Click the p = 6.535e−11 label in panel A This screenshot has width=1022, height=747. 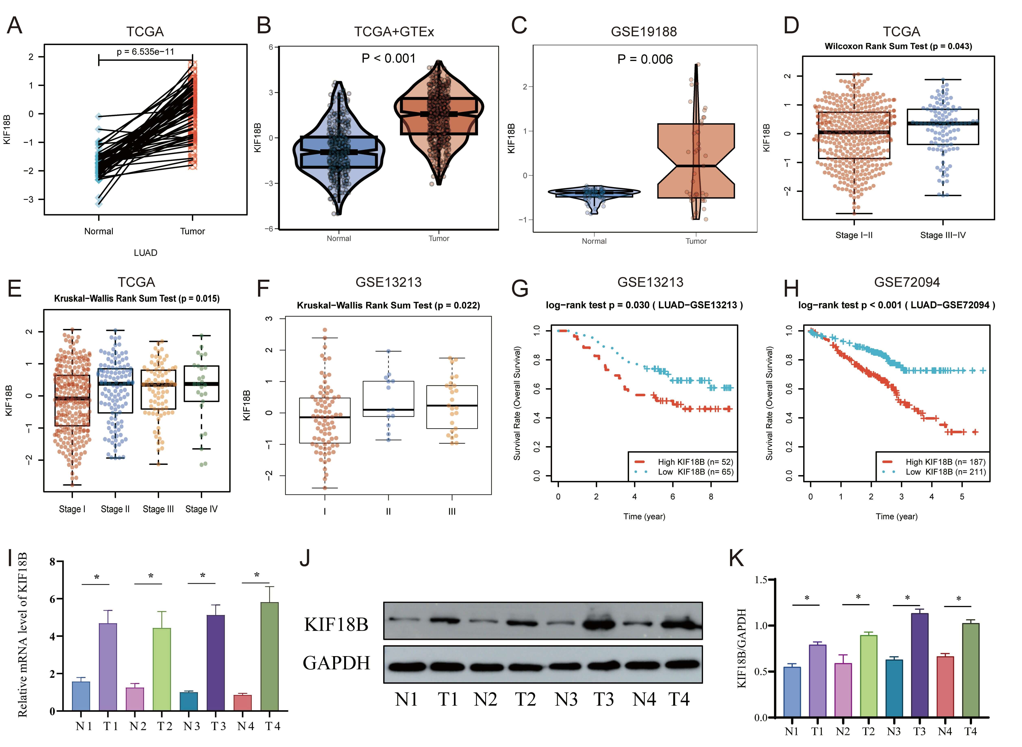(145, 52)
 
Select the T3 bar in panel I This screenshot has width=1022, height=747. (216, 662)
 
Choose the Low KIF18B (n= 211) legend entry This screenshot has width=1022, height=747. (945, 472)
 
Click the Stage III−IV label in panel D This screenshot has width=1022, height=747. (943, 235)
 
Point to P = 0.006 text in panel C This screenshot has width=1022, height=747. (645, 59)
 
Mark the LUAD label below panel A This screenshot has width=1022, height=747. (145, 253)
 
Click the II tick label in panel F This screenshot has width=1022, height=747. (388, 511)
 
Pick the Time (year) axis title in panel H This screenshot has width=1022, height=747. (896, 516)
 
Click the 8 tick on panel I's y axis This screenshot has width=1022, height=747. (52, 562)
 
